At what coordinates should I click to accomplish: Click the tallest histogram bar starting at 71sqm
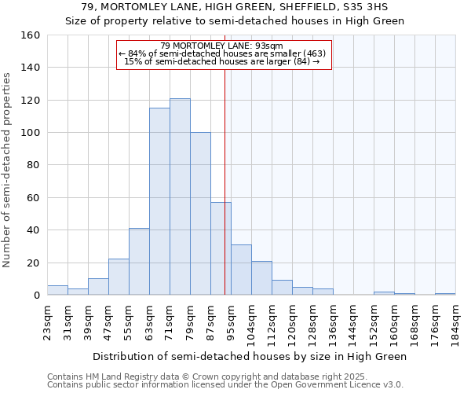(x=180, y=196)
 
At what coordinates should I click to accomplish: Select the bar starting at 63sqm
(x=159, y=201)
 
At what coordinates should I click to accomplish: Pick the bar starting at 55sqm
(x=139, y=262)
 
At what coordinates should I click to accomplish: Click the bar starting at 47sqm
(x=119, y=277)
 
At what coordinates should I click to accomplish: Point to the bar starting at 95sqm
(x=241, y=270)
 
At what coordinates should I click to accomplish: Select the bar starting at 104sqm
(x=261, y=278)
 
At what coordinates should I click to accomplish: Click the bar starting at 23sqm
(x=57, y=290)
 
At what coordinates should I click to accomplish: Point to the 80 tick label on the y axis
(x=33, y=165)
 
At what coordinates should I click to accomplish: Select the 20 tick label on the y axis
(x=33, y=263)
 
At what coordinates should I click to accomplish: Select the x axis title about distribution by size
(x=250, y=356)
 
